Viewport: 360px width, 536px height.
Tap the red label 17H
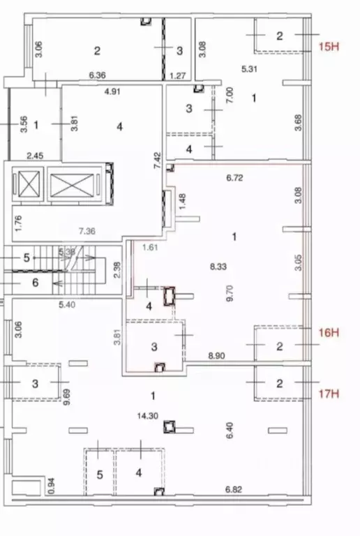click(x=328, y=394)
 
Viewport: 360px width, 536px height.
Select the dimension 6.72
click(x=234, y=179)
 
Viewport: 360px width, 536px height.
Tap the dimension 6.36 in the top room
click(x=98, y=75)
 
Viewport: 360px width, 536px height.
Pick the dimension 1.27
click(x=179, y=75)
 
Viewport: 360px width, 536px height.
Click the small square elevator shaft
click(x=28, y=186)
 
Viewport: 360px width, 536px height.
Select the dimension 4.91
click(x=114, y=90)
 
